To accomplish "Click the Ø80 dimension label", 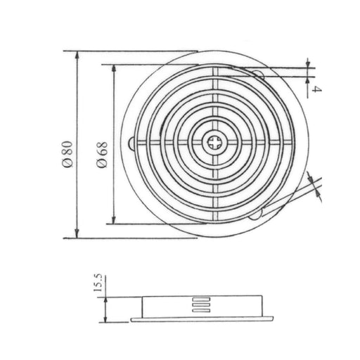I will click(x=65, y=153).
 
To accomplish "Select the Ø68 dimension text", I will click(x=103, y=153).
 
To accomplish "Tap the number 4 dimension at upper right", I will click(x=317, y=89).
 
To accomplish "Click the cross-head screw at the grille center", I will click(x=214, y=144).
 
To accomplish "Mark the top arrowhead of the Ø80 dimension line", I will click(x=75, y=54).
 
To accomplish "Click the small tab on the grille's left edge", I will click(x=133, y=144).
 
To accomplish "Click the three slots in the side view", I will click(x=200, y=304).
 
